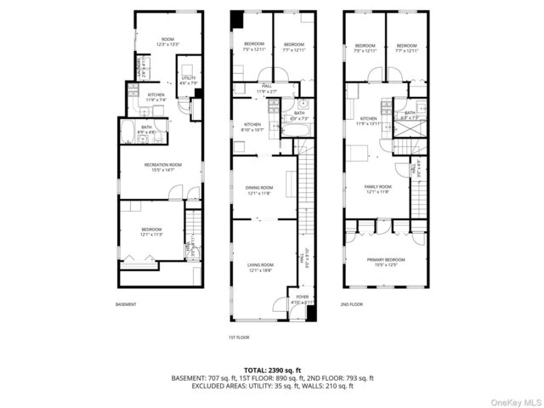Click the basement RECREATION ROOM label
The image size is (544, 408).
pos(162,165)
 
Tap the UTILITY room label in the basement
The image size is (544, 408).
pos(189,78)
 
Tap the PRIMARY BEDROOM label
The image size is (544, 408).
pos(384,260)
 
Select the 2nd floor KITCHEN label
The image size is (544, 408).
pos(367,119)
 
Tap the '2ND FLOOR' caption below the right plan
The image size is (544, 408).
pos(351,303)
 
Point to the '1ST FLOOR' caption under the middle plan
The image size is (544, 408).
pos(239,337)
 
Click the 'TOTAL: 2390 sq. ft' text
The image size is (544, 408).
pos(272,370)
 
